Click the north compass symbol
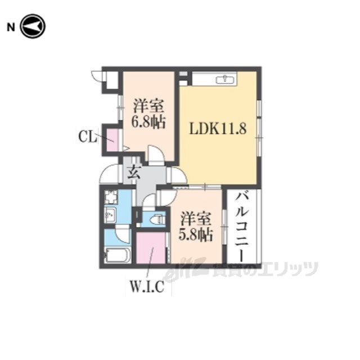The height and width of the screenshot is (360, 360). [x=33, y=26]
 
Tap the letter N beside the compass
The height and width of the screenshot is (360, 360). [x=11, y=27]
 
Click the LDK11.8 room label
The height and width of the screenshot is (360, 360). [x=218, y=128]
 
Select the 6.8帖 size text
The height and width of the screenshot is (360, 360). [x=148, y=122]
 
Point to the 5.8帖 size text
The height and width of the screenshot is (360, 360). [x=195, y=235]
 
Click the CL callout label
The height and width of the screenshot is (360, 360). [x=87, y=137]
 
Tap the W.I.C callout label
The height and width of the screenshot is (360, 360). [x=147, y=286]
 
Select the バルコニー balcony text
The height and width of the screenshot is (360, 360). [x=241, y=227]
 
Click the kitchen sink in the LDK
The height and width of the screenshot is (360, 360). [x=225, y=80]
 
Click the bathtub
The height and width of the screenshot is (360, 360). [x=117, y=255]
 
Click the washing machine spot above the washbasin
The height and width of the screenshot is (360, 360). [x=111, y=197]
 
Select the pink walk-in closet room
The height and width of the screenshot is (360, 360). [x=151, y=248]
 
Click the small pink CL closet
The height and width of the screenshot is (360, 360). [x=113, y=140]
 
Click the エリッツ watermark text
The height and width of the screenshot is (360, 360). [x=289, y=269]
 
